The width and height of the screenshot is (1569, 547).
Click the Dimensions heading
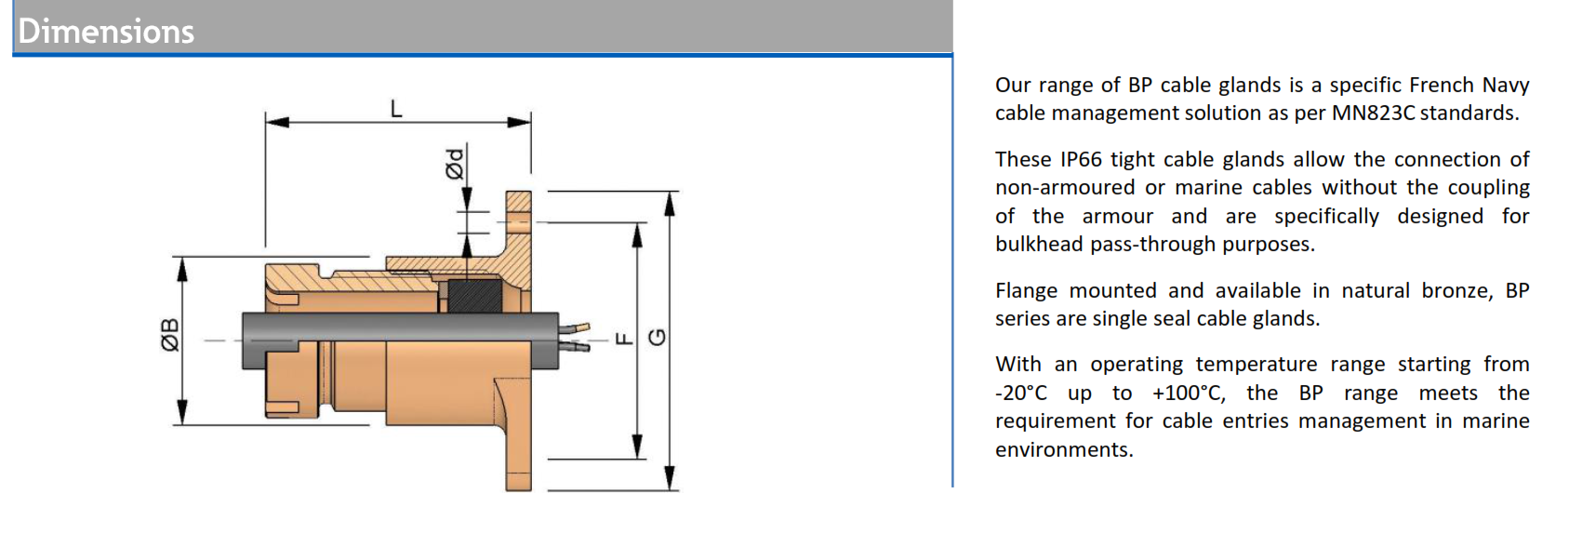tap(106, 32)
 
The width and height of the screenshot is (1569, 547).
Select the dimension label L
tap(396, 109)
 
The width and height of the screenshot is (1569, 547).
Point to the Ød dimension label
tap(456, 164)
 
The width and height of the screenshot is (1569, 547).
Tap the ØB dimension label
tap(169, 335)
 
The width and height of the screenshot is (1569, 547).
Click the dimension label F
tap(623, 339)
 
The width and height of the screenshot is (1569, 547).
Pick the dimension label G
tap(657, 338)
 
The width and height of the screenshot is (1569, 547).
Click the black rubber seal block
tap(475, 297)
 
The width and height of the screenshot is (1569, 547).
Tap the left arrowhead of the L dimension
tap(277, 123)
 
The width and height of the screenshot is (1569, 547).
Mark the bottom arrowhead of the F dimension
tap(637, 447)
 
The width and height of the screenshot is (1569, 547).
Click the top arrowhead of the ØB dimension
tap(182, 270)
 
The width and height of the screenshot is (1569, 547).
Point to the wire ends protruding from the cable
tap(575, 337)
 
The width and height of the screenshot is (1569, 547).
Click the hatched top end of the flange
tap(518, 206)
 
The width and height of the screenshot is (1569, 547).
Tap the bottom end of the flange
tap(518, 482)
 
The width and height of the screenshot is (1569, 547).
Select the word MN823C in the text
tap(1375, 113)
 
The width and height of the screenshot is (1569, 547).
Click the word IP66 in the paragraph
tap(1081, 160)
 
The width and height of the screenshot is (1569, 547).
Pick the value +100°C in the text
tap(1189, 393)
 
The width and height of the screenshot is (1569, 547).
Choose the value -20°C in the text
tap(1021, 393)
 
